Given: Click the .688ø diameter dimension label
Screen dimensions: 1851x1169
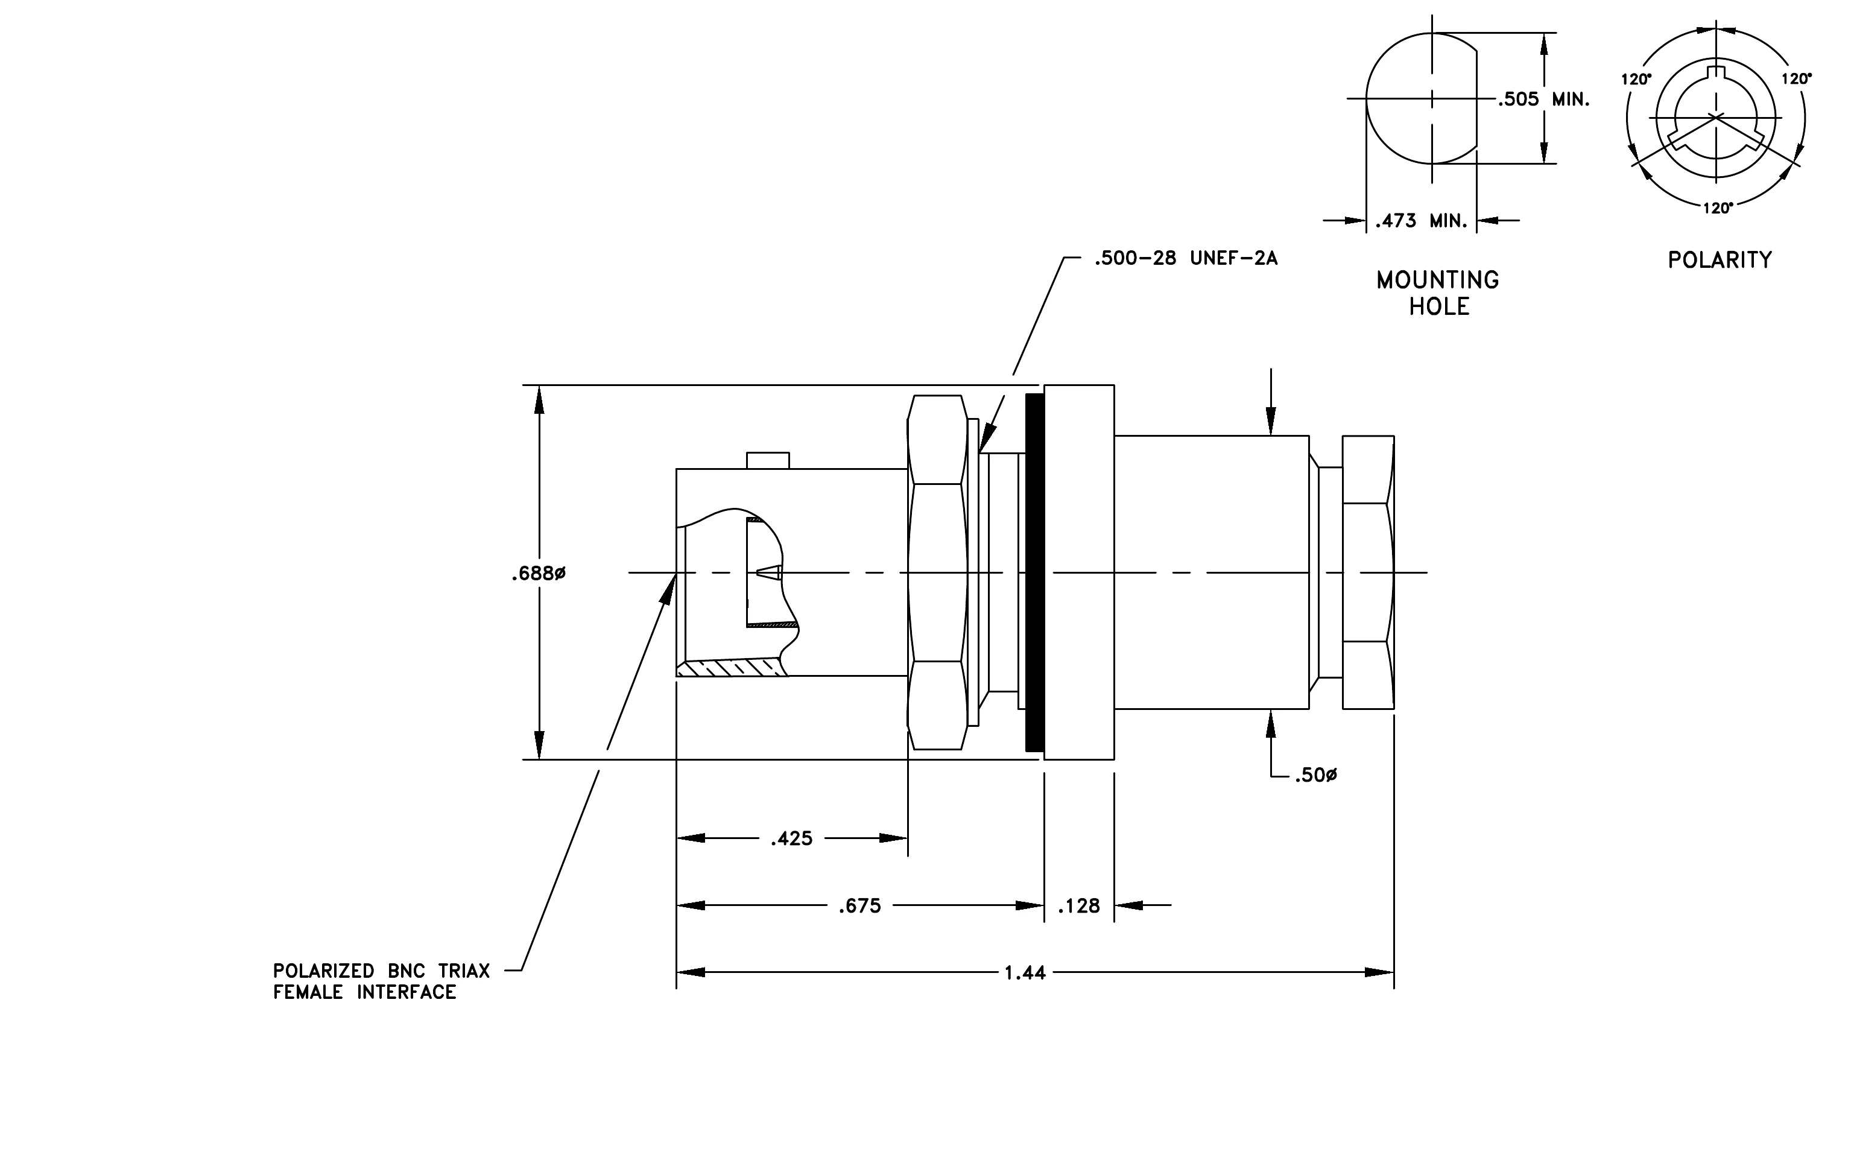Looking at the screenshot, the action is pyautogui.click(x=538, y=574).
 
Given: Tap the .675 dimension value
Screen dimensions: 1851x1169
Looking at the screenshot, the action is pyautogui.click(x=859, y=906).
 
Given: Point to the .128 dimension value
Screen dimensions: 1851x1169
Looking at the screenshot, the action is pyautogui.click(x=1078, y=906).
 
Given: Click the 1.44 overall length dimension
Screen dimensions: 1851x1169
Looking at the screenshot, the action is pyautogui.click(x=1025, y=973).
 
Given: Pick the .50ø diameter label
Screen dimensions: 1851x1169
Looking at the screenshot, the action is pyautogui.click(x=1315, y=776).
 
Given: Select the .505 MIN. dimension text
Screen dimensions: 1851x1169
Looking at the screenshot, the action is pyautogui.click(x=1543, y=99).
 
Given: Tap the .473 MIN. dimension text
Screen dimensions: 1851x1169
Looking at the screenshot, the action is pyautogui.click(x=1422, y=221).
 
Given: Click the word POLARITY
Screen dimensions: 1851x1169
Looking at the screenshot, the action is pyautogui.click(x=1720, y=260).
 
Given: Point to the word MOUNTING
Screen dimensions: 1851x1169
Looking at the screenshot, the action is pyautogui.click(x=1437, y=280).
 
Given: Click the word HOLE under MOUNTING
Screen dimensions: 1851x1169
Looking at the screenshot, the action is pyautogui.click(x=1439, y=306).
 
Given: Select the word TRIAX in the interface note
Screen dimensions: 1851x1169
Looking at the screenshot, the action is pyautogui.click(x=464, y=972).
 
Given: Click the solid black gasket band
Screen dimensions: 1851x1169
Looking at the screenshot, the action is pyautogui.click(x=1034, y=572).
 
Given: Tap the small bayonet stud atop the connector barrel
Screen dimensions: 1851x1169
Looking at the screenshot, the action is pyautogui.click(x=768, y=460).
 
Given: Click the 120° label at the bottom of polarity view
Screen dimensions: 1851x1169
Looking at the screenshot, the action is pyautogui.click(x=1717, y=208).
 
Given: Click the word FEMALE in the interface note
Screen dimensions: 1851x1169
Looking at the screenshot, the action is pyautogui.click(x=308, y=992).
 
